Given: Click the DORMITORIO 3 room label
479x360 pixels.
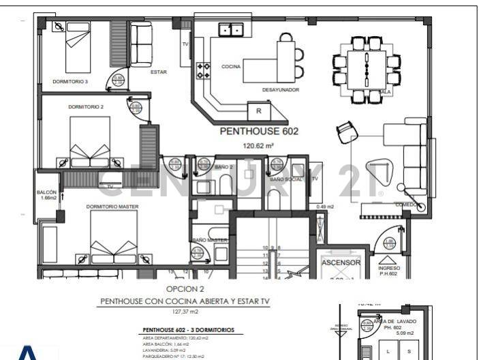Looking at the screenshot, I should (70, 81).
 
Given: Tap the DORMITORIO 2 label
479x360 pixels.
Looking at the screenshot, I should (86, 107).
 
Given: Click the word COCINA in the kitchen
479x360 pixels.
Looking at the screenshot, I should (231, 67).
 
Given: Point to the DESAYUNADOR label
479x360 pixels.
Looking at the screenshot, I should (280, 89).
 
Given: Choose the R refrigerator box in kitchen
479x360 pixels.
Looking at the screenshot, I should (259, 110).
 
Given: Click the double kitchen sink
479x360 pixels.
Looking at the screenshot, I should (231, 29).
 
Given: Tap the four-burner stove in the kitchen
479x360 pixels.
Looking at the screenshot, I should (203, 70).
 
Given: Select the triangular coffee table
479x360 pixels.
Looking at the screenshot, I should (376, 170).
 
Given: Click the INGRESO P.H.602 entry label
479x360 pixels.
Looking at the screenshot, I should (390, 271).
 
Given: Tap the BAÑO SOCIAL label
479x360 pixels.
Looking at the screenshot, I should (285, 179).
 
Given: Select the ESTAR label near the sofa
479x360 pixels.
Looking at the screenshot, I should (158, 70).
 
